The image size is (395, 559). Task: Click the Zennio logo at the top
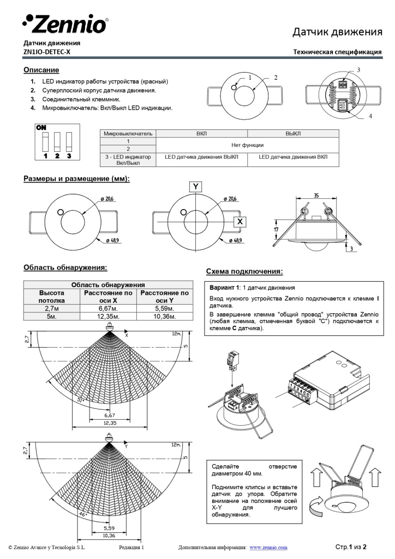[x=65, y=23]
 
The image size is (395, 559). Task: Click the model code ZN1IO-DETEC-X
[x=47, y=52]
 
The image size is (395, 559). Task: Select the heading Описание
[x=41, y=70]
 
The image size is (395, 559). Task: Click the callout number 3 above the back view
[x=358, y=70]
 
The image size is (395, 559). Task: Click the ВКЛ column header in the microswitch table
[x=201, y=133]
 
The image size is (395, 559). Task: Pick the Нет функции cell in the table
[x=247, y=145]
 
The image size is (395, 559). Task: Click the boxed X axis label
[x=240, y=221]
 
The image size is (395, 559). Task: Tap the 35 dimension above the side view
[x=316, y=195]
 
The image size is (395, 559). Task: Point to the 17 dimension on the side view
[x=277, y=231]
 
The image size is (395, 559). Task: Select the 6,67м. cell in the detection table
[x=108, y=308]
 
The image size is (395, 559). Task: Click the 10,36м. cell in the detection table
[x=164, y=316]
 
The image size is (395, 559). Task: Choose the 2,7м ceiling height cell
[x=51, y=308]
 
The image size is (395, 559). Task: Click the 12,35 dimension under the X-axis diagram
[x=110, y=423]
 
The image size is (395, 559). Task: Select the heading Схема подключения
[x=244, y=271]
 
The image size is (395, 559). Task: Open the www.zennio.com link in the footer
[x=268, y=547]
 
